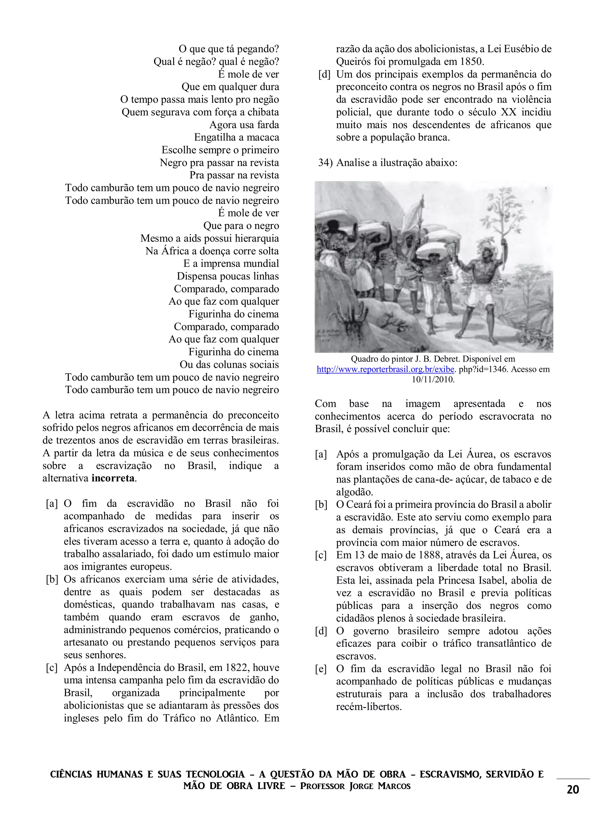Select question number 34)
pos(325,163)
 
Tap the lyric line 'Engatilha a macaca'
pos(236,137)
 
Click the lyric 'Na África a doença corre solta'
pos(212,251)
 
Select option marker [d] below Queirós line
pos(324,74)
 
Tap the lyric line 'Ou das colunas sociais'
pos(229,365)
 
